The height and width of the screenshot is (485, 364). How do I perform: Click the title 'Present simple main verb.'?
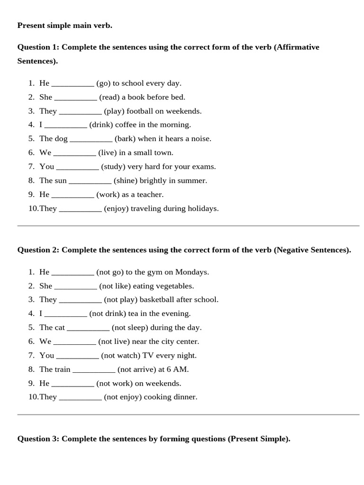(x=64, y=26)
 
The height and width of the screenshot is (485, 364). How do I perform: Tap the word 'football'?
(x=142, y=111)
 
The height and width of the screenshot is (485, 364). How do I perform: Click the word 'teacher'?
(x=149, y=195)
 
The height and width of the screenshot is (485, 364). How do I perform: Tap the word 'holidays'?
(x=203, y=208)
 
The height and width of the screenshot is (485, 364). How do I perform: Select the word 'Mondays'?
(x=192, y=272)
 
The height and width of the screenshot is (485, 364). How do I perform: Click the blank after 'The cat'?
(x=88, y=328)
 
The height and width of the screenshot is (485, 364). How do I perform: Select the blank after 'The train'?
(x=94, y=369)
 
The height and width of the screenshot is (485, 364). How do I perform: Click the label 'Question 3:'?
(x=38, y=439)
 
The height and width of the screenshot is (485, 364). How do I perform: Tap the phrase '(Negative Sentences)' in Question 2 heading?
(x=312, y=250)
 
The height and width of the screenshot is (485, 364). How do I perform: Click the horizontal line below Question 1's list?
(x=188, y=226)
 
